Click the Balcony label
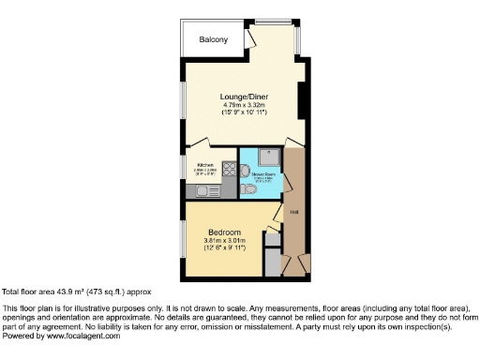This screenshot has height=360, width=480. coord(214,40)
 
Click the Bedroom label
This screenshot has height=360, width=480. coord(223,232)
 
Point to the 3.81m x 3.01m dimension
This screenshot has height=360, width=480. coord(223,241)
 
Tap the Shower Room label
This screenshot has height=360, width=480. coord(262,171)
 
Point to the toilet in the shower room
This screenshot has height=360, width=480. coord(246,189)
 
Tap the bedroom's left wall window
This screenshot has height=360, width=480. coord(184,238)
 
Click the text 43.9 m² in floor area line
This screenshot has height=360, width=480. coord(70,292)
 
